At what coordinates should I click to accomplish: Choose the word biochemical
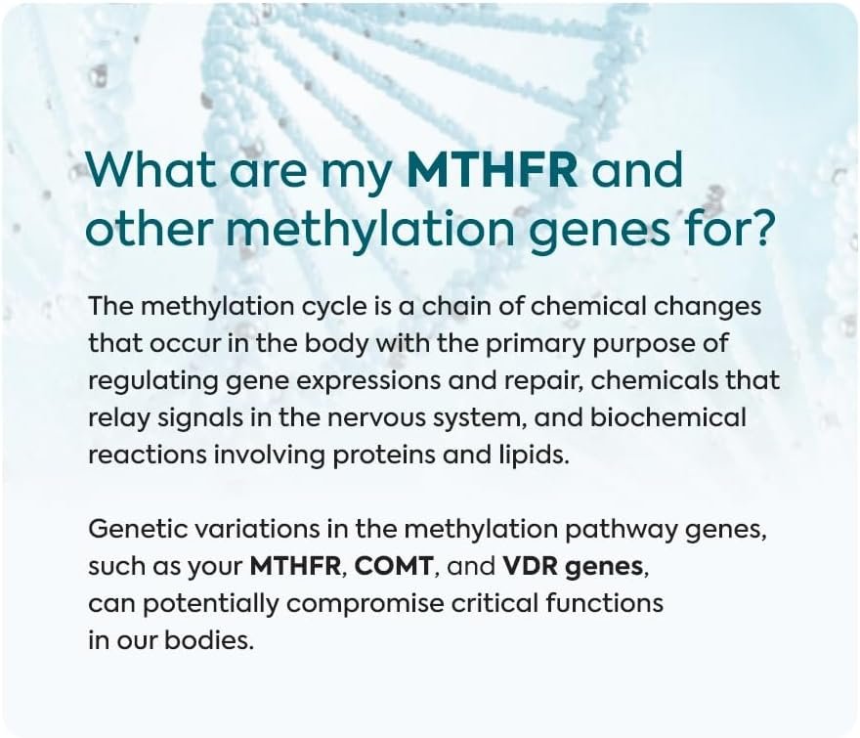668,417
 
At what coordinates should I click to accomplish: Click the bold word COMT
394,566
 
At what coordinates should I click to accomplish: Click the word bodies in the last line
209,640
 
